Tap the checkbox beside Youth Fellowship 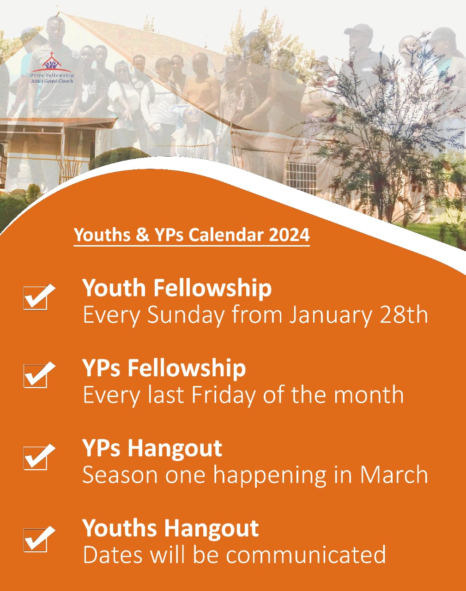pos(39,296)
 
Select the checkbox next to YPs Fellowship pos(39,374)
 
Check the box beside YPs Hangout pos(39,457)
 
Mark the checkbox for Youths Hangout pos(39,539)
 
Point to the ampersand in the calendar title pos(142,235)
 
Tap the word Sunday pos(186,315)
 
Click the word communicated pos(306,555)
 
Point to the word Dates pos(113,555)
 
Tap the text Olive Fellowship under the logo pos(52,75)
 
